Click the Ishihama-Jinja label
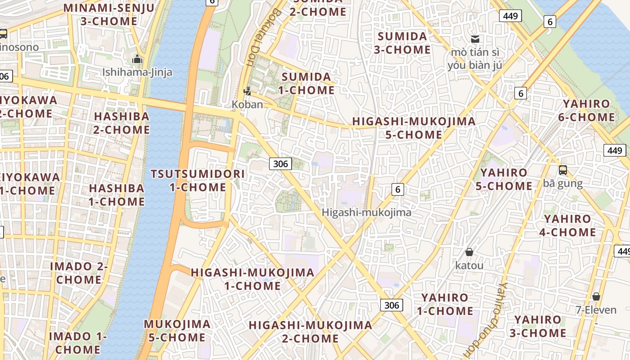pos(137,72)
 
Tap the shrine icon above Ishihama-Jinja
pos(137,59)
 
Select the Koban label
pos(247,104)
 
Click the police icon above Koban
pos(247,92)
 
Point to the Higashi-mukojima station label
pos(366,212)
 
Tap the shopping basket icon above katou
pos(469,252)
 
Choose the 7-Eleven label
pos(596,310)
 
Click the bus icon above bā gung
pos(562,170)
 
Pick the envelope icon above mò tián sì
pos(475,39)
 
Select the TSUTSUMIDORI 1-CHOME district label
pos(198,180)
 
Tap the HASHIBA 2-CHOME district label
pos(121,123)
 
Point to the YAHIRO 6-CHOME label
pos(589,111)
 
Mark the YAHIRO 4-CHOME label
pos(567,225)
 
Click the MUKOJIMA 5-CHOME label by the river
pos(177,330)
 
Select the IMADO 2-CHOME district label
pos(79,273)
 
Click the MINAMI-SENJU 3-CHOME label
pos(108,14)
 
